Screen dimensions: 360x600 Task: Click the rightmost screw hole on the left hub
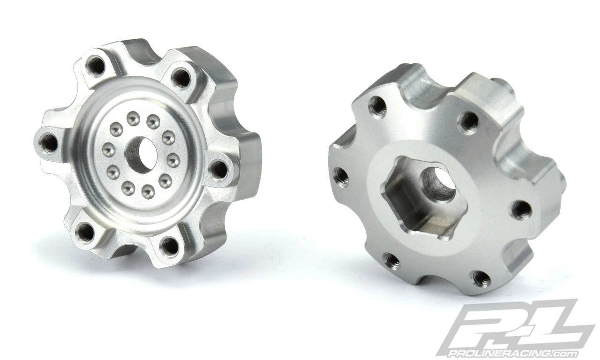tap(218, 169)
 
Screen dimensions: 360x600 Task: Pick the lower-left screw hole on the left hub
tap(85, 232)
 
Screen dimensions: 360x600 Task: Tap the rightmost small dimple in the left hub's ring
tap(173, 160)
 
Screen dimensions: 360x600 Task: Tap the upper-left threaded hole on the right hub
tap(377, 107)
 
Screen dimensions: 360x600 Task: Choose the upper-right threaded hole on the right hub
tap(468, 122)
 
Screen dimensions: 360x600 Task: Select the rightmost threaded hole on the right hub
tap(521, 209)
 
